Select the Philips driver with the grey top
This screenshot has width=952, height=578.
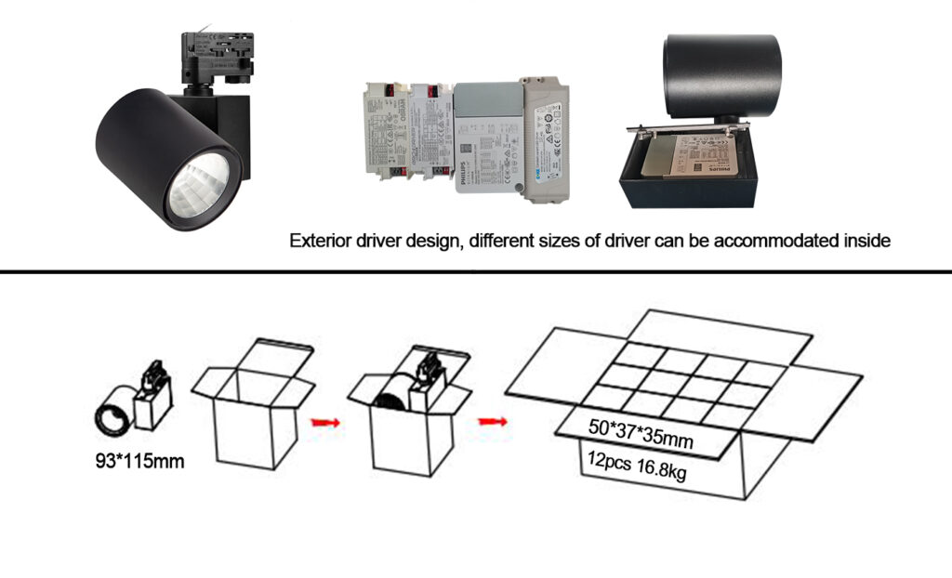tap(485, 139)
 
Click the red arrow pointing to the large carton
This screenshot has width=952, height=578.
tap(493, 422)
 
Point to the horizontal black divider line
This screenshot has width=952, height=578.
tap(476, 272)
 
